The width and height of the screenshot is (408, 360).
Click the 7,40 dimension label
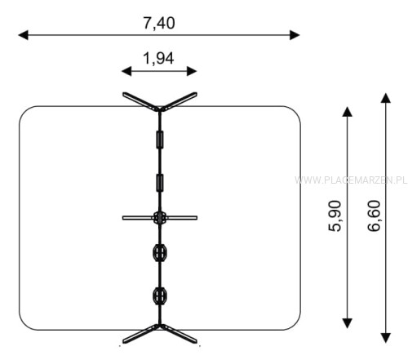(159, 23)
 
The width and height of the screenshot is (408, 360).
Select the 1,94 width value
(158, 59)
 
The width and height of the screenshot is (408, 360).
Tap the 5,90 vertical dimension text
(335, 216)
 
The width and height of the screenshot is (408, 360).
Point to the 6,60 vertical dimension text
(374, 216)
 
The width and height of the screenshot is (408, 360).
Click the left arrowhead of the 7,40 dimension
(23, 35)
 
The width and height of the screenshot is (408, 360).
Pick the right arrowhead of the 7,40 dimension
(295, 35)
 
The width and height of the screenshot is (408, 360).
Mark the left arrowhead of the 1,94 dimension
(126, 71)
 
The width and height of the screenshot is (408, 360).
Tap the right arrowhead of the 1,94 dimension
(192, 71)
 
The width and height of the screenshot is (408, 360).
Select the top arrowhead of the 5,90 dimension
(347, 112)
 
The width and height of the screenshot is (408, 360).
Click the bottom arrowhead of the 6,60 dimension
(386, 338)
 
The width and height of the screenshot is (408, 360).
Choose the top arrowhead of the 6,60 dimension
(386, 98)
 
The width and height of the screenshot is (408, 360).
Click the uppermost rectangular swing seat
(160, 140)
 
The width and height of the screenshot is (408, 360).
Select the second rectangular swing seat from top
(160, 183)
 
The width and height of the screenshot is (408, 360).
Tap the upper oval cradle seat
(160, 253)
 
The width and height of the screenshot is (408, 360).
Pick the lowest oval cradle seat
(160, 296)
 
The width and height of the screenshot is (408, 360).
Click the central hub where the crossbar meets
(160, 218)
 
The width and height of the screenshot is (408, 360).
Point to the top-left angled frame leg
(140, 101)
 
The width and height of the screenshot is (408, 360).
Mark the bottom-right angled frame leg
(179, 334)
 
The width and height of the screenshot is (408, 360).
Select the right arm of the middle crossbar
(182, 218)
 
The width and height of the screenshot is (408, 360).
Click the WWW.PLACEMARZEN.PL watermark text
(351, 180)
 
